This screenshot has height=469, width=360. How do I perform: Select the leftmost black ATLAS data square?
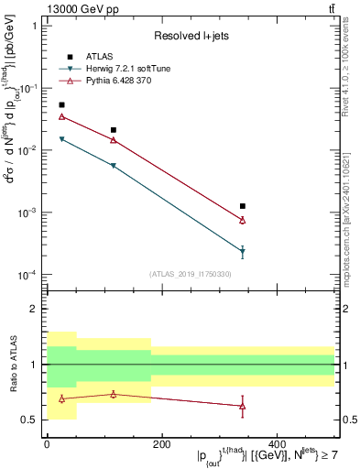(61, 105)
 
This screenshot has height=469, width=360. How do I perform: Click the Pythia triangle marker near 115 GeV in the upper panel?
(113, 140)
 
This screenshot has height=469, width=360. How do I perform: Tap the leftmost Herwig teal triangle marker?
(61, 139)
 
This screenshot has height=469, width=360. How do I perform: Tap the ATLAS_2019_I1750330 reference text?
(191, 273)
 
